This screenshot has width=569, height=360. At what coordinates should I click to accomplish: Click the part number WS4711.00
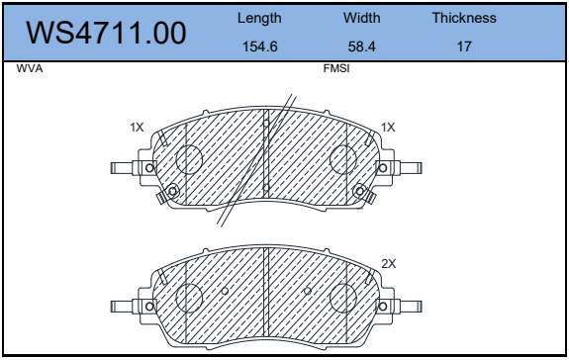pos(106,33)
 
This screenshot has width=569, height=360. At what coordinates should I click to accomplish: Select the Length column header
pos(259,18)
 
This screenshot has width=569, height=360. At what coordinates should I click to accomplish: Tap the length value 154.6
pos(260,46)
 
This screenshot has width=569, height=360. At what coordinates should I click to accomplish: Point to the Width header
pos(362,18)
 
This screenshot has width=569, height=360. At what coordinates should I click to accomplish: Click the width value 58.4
pos(362,46)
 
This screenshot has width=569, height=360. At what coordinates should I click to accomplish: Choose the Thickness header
pos(464,18)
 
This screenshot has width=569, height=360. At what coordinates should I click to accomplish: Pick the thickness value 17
pos(464,46)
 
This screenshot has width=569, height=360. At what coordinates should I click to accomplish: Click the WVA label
pos(30,68)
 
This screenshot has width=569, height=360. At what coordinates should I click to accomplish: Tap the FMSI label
pos(336,68)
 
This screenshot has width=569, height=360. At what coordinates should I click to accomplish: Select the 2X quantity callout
pos(389,264)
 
